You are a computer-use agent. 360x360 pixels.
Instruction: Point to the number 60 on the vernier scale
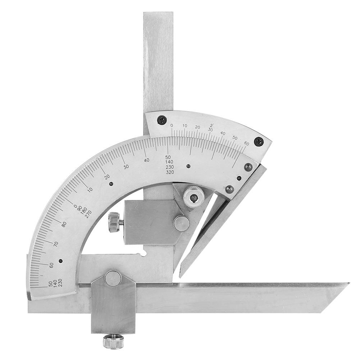[x=247, y=143]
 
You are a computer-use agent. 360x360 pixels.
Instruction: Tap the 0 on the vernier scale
[x=172, y=126]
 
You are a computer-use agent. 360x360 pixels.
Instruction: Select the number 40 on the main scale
[x=147, y=160]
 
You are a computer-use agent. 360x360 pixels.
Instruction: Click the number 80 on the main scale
[x=64, y=224]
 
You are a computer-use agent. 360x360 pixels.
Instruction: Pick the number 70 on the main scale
[x=55, y=244]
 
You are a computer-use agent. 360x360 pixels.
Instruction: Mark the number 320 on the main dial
[x=170, y=172]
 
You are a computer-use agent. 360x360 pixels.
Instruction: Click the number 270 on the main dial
[x=88, y=213]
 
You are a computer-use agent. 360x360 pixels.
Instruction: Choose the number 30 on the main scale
[x=126, y=167]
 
